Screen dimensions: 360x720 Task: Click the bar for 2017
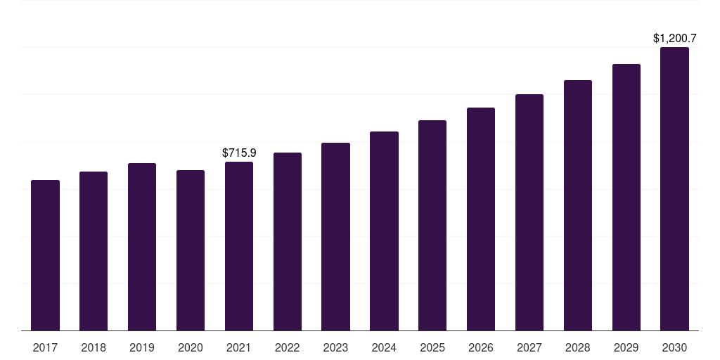coord(45,255)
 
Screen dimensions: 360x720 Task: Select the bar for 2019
coord(142,247)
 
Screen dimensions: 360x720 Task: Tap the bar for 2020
coord(191,250)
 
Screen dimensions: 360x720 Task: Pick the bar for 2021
coord(239,246)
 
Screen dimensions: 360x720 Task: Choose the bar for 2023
coord(335,236)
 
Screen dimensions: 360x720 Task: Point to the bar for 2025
coord(432,225)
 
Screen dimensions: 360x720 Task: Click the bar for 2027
coord(529,212)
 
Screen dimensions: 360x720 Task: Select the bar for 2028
coord(578,205)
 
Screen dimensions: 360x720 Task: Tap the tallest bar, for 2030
coord(674,188)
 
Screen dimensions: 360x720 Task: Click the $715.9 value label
coord(239,153)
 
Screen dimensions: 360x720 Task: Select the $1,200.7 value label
coord(674,38)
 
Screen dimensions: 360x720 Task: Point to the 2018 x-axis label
coord(94,347)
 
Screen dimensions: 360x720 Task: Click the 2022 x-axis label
coord(288,347)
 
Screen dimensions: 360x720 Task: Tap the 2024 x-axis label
coord(384,347)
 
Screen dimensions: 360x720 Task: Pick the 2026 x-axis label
coord(481,347)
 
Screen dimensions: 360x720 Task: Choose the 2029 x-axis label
coord(626,347)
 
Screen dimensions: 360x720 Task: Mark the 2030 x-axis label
coord(674,347)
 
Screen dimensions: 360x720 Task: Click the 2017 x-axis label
coord(45,347)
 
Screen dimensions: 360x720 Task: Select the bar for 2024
coord(384,231)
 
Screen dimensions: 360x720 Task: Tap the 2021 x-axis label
coord(239,347)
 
